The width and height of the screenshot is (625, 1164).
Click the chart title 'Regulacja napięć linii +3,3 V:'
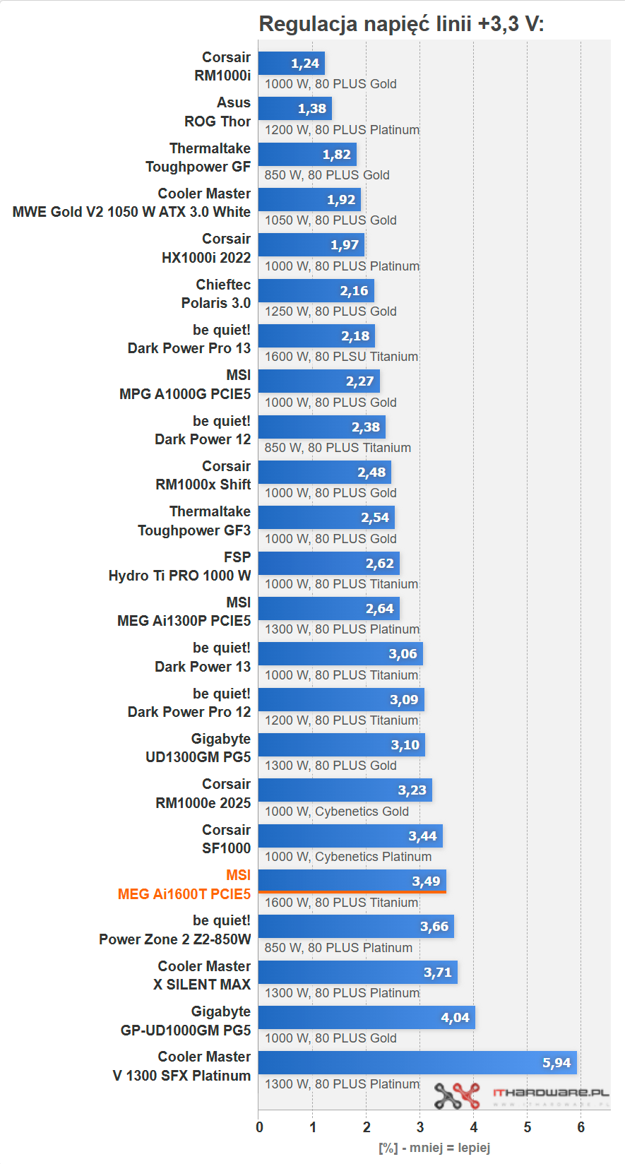[x=401, y=24]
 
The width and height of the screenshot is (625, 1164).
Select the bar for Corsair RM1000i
[x=291, y=64]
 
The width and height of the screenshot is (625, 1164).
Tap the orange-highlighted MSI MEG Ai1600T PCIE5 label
[x=184, y=885]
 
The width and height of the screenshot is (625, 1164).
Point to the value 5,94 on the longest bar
[x=556, y=1063]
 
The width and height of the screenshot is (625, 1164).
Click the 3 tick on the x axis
[x=420, y=1127]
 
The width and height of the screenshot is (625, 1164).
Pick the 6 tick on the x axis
[x=581, y=1127]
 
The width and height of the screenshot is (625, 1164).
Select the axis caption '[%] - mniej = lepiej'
[x=434, y=1148]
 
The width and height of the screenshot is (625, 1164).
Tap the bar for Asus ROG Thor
[x=294, y=109]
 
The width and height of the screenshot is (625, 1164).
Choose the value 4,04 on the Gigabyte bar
[x=455, y=1018]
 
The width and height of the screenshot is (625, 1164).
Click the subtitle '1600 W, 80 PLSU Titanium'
[x=341, y=357]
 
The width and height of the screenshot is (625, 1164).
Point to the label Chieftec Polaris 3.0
[x=216, y=294]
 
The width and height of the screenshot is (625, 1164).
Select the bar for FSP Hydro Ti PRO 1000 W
[x=328, y=564]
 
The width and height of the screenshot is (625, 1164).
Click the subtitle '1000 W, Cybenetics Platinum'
[x=348, y=857]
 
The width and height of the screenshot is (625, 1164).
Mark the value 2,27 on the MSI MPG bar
[x=359, y=381]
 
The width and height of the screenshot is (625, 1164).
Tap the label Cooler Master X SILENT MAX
[x=202, y=975]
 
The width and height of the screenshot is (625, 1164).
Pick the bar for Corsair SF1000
[x=350, y=836]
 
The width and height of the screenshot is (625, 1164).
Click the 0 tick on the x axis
[x=259, y=1127]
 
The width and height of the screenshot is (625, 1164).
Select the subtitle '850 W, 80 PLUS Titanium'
[x=338, y=448]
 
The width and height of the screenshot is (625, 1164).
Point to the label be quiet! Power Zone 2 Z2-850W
[x=175, y=930]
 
